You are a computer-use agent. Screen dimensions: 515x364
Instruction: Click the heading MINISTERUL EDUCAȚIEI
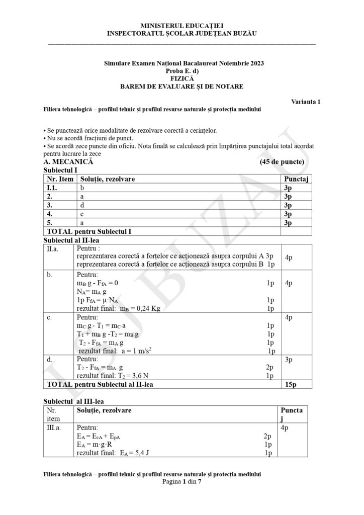(181, 25)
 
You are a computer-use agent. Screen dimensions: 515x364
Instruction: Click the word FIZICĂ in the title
(181, 78)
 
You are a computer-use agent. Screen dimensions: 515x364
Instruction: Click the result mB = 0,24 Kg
(118, 308)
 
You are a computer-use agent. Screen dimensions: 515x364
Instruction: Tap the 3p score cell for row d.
(289, 360)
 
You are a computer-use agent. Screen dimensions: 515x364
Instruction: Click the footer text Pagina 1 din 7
(181, 481)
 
